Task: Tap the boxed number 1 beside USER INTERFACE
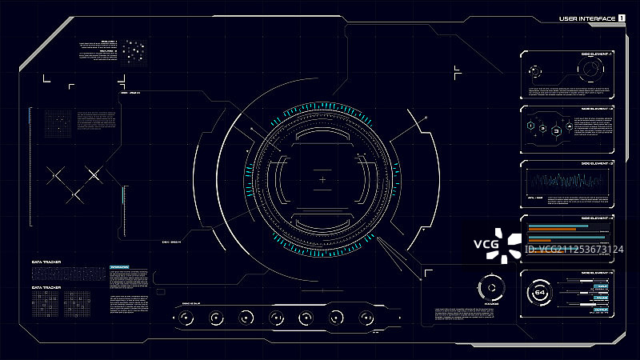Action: [x=622, y=18]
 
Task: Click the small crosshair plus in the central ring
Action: [x=322, y=180]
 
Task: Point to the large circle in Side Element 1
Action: [x=590, y=70]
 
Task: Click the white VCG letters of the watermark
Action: [x=485, y=244]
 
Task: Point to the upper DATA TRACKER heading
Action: [x=46, y=262]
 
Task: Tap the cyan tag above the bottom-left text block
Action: [x=120, y=266]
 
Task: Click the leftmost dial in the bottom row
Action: [x=186, y=318]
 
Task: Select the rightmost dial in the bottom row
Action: [x=365, y=318]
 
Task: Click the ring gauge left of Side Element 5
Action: [x=490, y=288]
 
